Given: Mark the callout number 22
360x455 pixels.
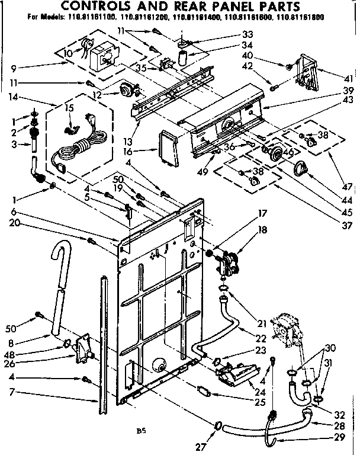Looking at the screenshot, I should pos(261,338).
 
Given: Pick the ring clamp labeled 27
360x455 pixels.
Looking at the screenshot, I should pos(218,425).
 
